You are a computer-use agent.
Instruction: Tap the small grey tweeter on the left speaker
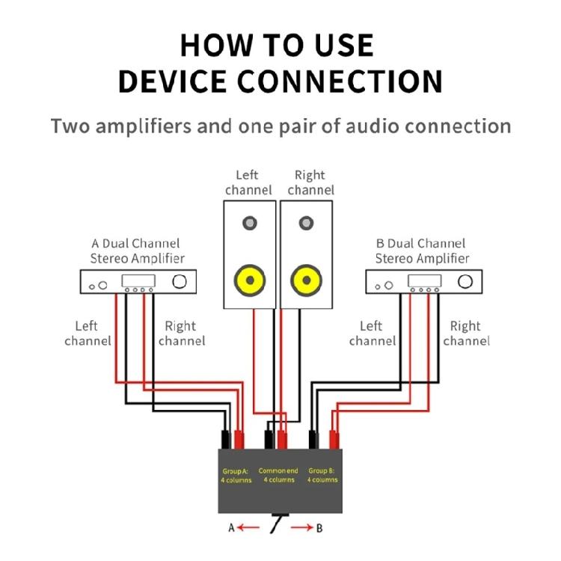250,223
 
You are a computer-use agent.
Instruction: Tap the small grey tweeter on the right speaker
306,223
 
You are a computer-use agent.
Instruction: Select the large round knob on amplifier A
180,281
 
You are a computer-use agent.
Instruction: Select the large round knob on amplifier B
465,281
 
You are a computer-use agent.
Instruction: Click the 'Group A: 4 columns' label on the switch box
236,475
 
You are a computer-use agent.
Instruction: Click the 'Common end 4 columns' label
278,475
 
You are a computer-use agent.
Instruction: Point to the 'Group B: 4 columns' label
322,475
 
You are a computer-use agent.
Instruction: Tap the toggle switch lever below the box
278,522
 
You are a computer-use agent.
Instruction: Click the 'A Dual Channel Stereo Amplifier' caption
137,251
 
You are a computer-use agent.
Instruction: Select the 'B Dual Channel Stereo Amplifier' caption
422,251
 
